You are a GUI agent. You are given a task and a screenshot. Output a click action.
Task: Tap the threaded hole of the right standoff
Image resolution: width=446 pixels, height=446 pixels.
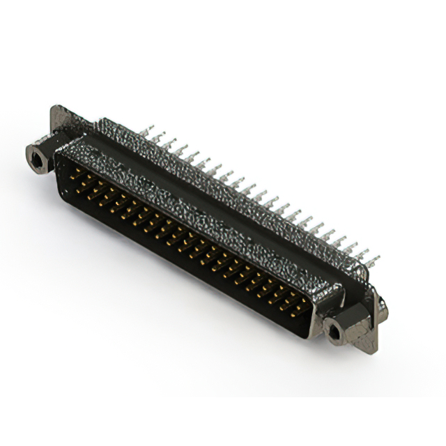(334, 330)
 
